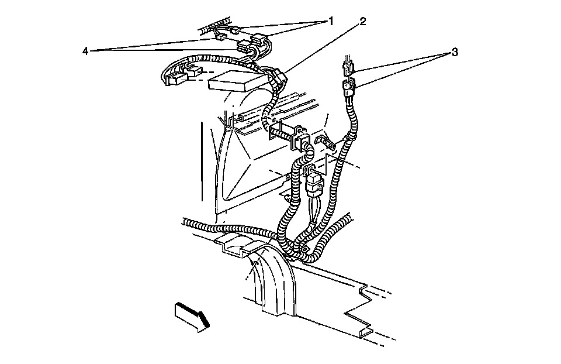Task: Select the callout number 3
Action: tap(454, 52)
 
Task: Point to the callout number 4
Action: tap(85, 51)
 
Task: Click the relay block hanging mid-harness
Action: tap(312, 182)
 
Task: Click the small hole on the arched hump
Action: tap(254, 265)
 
